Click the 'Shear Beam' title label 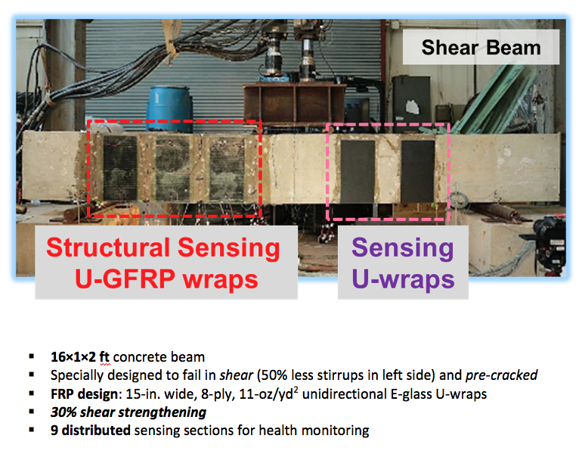pyautogui.click(x=481, y=48)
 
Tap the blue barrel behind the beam pyautogui.click(x=169, y=109)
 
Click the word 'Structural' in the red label pyautogui.click(x=109, y=247)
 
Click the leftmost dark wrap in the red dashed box pyautogui.click(x=120, y=168)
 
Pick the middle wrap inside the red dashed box pyautogui.click(x=173, y=169)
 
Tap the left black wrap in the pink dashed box pyautogui.click(x=358, y=171)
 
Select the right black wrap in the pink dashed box pyautogui.click(x=418, y=171)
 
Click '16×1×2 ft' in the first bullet pyautogui.click(x=80, y=356)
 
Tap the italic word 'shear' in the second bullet pyautogui.click(x=237, y=375)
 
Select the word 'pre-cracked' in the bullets pyautogui.click(x=501, y=375)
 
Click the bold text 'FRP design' pyautogui.click(x=84, y=394)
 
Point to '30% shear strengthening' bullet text pyautogui.click(x=128, y=412)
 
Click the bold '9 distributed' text pyautogui.click(x=91, y=431)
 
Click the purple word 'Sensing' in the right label pyautogui.click(x=403, y=247)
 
